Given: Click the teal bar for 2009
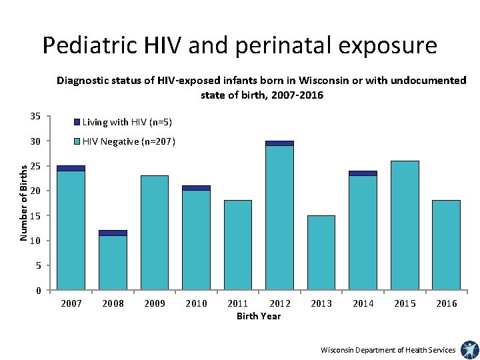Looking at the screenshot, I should (155, 233).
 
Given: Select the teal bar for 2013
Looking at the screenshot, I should (321, 253).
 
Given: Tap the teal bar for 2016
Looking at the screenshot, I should (446, 245).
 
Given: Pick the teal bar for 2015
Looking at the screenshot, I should (405, 225).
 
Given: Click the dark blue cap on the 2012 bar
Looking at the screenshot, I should (279, 143).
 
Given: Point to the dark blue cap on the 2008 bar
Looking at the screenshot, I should (113, 233).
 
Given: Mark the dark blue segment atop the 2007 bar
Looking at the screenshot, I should (71, 168).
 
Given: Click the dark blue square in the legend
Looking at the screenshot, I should (77, 122).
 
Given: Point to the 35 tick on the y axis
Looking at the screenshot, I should (35, 117).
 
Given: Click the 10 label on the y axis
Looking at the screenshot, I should (35, 241).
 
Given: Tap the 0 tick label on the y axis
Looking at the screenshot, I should (39, 291).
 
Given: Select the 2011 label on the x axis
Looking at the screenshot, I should (238, 304).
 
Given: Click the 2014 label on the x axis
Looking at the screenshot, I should (363, 304).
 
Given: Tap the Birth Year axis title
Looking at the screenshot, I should (259, 316).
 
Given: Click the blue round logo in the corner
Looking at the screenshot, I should (469, 349).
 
